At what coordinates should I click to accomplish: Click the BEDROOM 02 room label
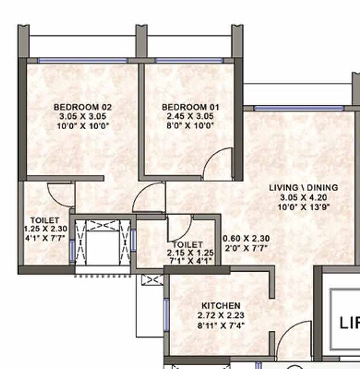82,107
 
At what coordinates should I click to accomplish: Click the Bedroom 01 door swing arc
218,163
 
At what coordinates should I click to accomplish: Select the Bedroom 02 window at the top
82,60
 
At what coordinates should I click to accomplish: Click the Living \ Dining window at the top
298,107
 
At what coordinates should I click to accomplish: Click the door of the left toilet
60,196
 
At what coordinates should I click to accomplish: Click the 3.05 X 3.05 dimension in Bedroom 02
82,117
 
